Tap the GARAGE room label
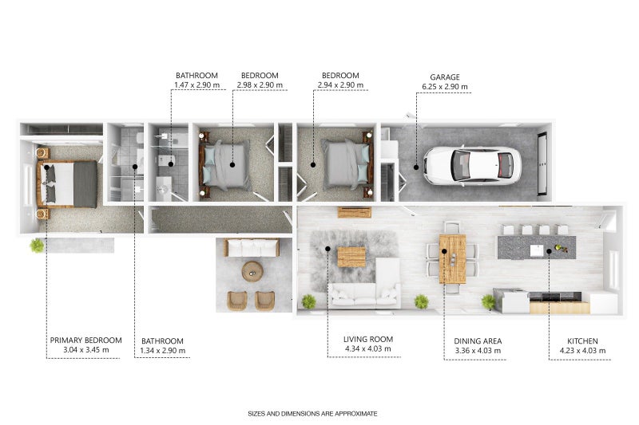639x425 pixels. coord(443,77)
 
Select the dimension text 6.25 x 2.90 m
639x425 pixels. coord(444,86)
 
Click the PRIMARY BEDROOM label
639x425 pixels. coord(86,340)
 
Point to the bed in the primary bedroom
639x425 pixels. coord(71,183)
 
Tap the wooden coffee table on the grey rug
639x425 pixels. coord(351,257)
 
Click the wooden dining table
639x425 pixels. coord(452,258)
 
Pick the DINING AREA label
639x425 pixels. coord(476,340)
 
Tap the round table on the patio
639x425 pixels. coord(252,271)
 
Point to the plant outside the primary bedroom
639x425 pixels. coord(37,245)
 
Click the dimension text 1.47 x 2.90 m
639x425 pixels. coord(196,85)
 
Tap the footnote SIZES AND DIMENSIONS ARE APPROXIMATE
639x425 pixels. coord(313,414)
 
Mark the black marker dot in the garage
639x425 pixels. coord(415,167)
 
